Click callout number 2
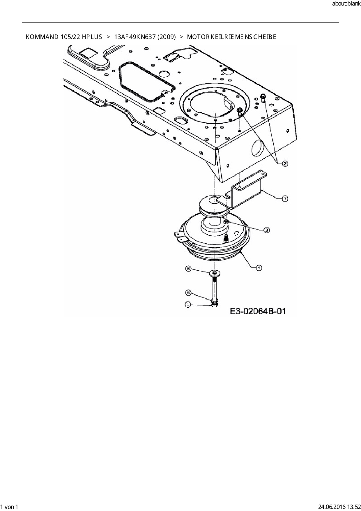(285, 164)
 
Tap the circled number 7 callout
(285, 199)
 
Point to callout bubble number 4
(259, 267)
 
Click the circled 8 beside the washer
(188, 269)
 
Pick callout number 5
(188, 292)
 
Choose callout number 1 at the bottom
(188, 304)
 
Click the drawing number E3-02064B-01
(258, 311)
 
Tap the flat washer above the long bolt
(214, 273)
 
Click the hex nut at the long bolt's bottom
(215, 304)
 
